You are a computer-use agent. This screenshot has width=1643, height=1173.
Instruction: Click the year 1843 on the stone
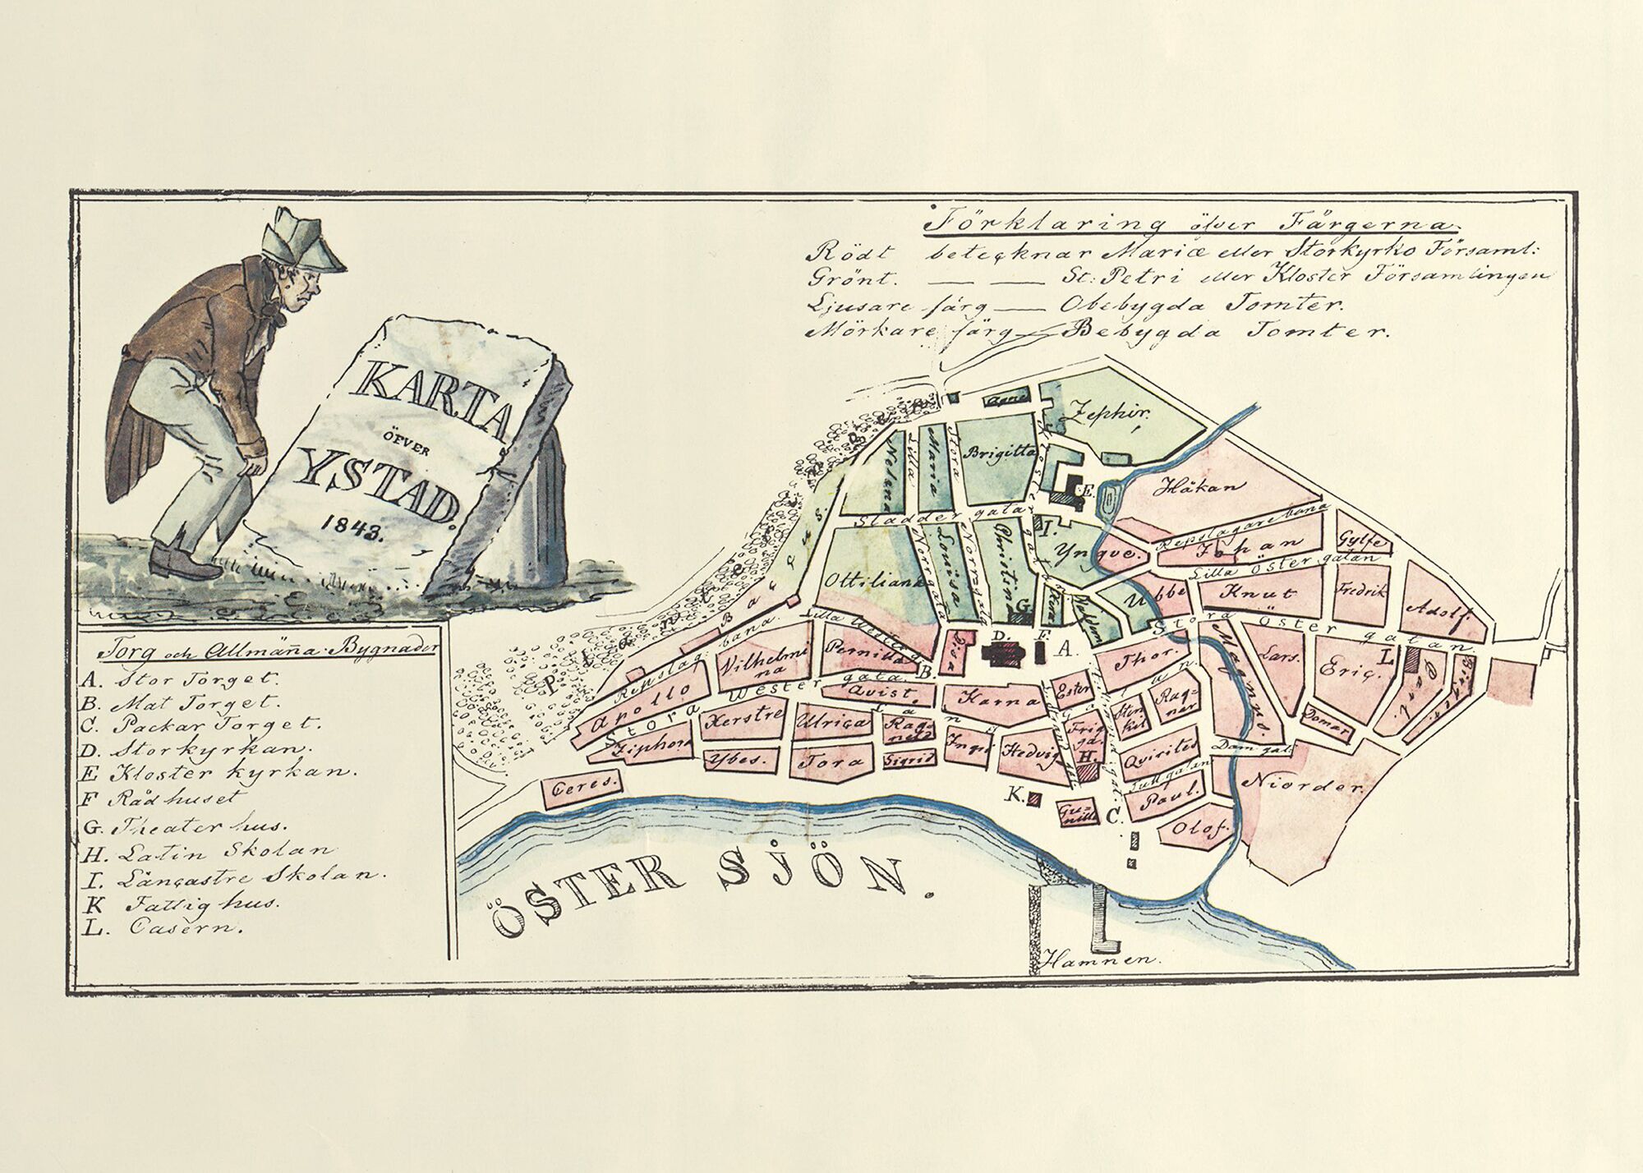tap(345, 524)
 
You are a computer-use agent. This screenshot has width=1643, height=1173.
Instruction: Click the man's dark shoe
tap(185, 562)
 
